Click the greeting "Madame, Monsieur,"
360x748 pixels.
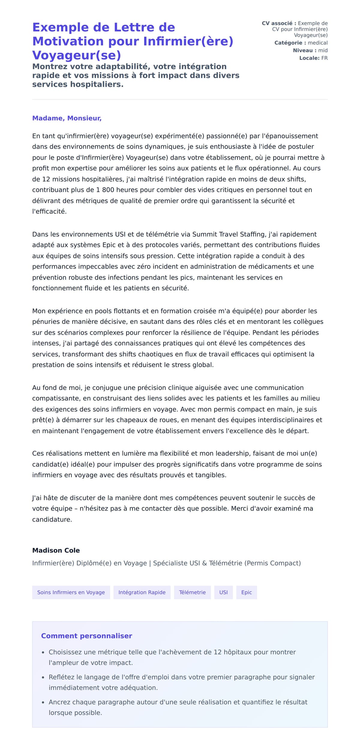[x=67, y=118]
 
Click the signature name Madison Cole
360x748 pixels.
[x=56, y=550]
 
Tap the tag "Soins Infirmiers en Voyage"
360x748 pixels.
[x=71, y=592]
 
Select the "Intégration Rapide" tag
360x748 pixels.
[x=142, y=592]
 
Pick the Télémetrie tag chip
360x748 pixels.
[x=192, y=592]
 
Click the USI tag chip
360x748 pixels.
[x=223, y=592]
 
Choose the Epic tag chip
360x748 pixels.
[x=247, y=592]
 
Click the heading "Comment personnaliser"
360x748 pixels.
[x=86, y=636]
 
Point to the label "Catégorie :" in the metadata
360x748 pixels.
[x=290, y=43]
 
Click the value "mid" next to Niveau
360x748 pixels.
[x=323, y=50]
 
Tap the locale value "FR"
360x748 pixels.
[x=324, y=58]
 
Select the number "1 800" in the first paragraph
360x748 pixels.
[x=105, y=190]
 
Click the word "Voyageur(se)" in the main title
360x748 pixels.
[x=76, y=55]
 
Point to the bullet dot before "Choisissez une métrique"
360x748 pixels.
[x=43, y=653]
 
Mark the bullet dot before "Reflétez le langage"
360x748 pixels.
[x=43, y=677]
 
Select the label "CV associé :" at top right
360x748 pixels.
[x=279, y=23]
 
